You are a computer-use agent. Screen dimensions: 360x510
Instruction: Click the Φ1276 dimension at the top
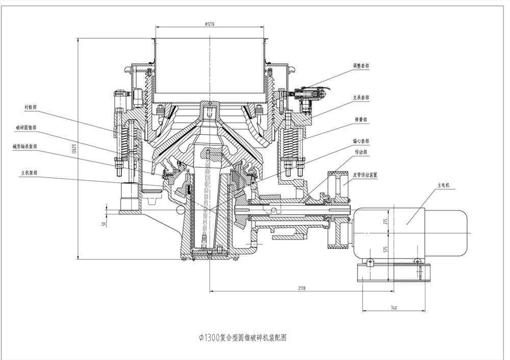coord(210,23)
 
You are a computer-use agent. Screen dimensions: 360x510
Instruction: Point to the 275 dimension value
coord(386,221)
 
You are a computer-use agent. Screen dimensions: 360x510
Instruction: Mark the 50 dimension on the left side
coord(104,223)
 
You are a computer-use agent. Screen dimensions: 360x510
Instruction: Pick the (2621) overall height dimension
coord(74,149)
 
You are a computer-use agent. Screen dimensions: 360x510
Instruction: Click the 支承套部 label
coord(361,97)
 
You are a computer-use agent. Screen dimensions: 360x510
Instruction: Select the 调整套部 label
coord(361,66)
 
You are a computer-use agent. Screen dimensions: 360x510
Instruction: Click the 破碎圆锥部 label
coord(26,127)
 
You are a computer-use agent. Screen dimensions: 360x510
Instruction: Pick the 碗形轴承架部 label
coord(25,146)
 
